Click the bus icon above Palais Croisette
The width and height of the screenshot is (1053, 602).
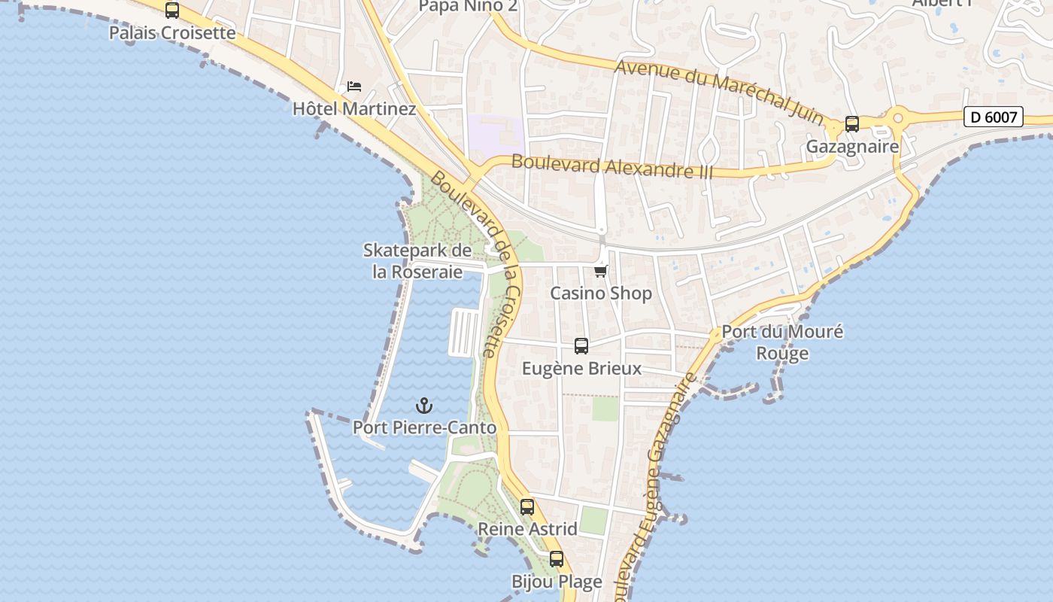pyautogui.click(x=172, y=11)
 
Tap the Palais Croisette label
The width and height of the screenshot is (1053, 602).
pyautogui.click(x=172, y=33)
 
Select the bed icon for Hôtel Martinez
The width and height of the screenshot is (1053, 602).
pyautogui.click(x=354, y=87)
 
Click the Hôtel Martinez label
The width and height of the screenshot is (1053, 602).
pyautogui.click(x=354, y=109)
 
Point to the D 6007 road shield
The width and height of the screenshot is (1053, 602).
pyautogui.click(x=994, y=117)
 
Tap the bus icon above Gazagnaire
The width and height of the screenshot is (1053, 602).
pyautogui.click(x=852, y=124)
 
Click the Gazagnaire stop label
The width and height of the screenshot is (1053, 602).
pyautogui.click(x=852, y=146)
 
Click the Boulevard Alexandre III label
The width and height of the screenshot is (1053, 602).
pyautogui.click(x=611, y=166)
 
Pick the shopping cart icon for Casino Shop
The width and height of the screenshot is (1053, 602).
pyautogui.click(x=600, y=271)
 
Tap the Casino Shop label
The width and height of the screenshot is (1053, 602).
pyautogui.click(x=601, y=293)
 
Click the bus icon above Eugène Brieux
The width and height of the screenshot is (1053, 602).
pyautogui.click(x=581, y=346)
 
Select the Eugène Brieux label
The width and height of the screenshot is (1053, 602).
pyautogui.click(x=582, y=369)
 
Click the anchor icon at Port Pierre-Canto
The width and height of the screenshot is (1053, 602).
pyautogui.click(x=424, y=406)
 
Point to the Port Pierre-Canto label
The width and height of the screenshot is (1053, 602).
pyautogui.click(x=425, y=428)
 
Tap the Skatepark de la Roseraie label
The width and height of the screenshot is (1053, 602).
pyautogui.click(x=417, y=261)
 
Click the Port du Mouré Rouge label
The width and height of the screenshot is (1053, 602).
pyautogui.click(x=782, y=342)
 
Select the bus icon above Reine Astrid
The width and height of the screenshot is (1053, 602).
pyautogui.click(x=527, y=507)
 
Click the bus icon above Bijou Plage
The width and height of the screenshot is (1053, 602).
pyautogui.click(x=557, y=559)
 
